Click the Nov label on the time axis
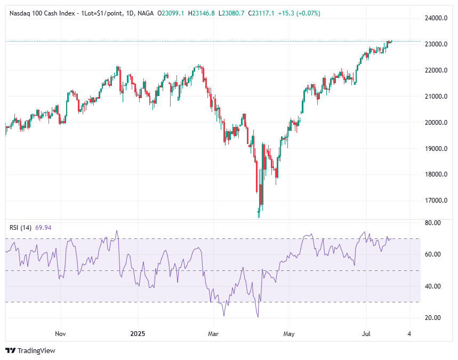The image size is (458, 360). (60, 334)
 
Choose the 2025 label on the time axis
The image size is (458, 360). (137, 334)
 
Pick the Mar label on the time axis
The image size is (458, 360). (213, 334)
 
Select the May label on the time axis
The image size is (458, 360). (288, 334)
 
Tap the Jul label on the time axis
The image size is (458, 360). (366, 334)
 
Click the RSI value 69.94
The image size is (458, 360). (43, 228)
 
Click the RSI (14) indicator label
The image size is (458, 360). (21, 228)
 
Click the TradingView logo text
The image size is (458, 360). (36, 350)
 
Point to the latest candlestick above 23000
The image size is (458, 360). (391, 41)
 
